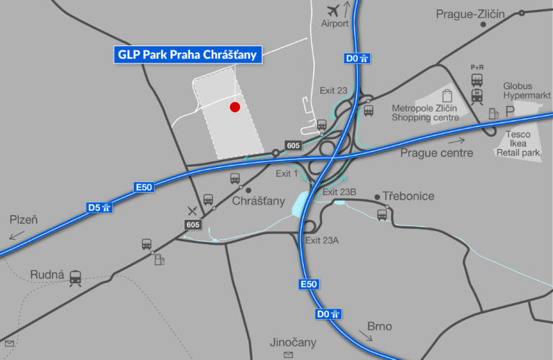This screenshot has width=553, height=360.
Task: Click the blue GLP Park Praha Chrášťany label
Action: point(187,54)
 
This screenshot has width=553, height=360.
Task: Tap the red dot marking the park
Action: point(234,107)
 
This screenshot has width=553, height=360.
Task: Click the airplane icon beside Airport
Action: point(333,11)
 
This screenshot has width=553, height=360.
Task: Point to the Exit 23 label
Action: point(333,90)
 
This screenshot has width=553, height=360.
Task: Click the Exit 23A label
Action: point(322,240)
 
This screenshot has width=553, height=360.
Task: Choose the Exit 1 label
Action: point(287,174)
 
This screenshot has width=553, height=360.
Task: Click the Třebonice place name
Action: point(408,197)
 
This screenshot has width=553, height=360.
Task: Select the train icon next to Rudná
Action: point(75,277)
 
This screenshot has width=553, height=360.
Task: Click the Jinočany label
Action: point(292,343)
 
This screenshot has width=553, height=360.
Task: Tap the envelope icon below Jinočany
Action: point(289,356)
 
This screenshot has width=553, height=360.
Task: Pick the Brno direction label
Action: point(379,327)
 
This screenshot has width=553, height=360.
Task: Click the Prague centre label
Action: point(436,153)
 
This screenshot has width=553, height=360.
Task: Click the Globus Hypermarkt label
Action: point(526,90)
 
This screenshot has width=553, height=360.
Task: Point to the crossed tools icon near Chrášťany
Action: point(192,210)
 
